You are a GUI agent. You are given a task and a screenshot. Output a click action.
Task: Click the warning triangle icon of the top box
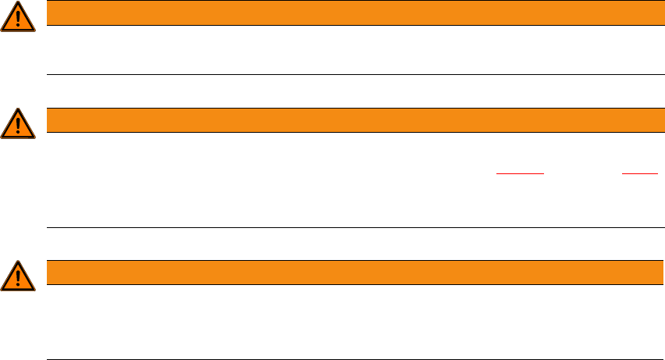click(17, 17)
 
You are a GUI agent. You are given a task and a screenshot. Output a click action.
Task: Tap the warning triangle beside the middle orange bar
click(17, 123)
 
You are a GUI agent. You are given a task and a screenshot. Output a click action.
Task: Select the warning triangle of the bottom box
click(17, 276)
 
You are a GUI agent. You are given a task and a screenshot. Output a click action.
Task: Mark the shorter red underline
click(640, 173)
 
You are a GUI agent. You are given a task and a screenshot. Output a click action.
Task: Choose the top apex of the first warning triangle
click(17, 3)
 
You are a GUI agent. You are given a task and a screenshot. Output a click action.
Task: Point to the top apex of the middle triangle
click(17, 109)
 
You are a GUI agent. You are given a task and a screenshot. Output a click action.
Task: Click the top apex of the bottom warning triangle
click(17, 262)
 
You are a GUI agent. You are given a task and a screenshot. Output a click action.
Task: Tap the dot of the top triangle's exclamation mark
click(17, 26)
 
